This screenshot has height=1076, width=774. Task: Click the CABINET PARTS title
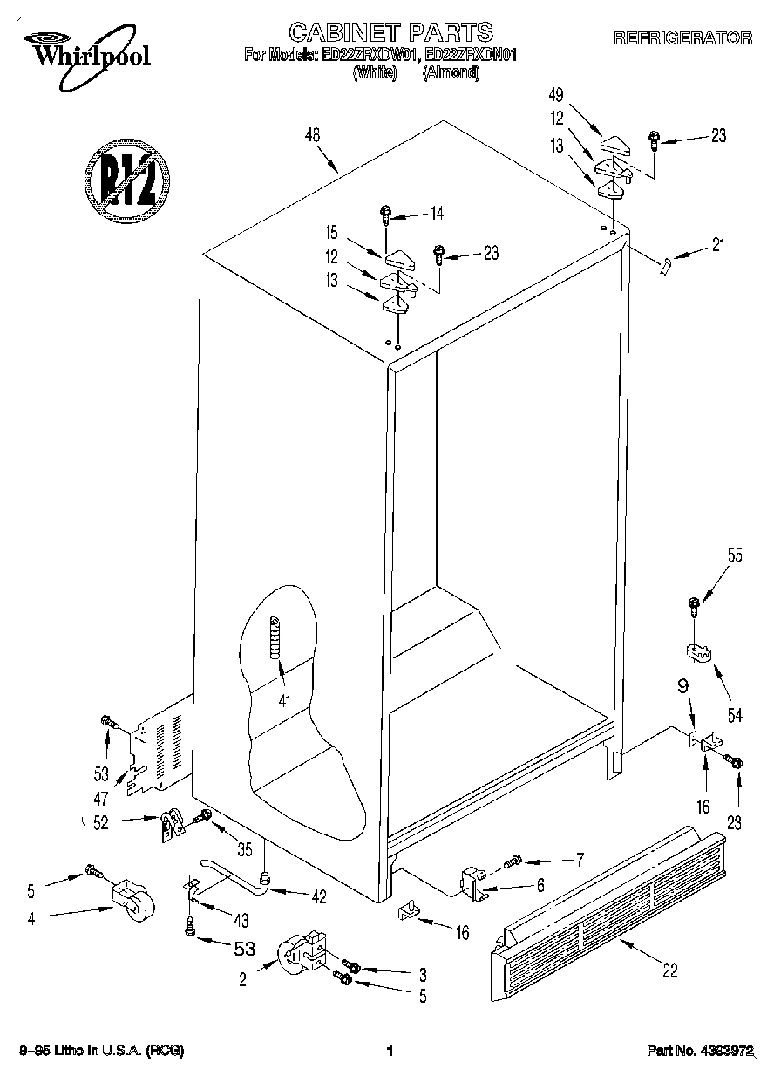point(390,33)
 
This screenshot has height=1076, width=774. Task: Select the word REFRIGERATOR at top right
point(682,38)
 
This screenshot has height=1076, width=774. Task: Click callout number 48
point(312,135)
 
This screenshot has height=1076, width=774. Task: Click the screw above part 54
point(694,603)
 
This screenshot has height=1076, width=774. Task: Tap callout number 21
point(717,246)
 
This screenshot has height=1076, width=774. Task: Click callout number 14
point(437,213)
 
